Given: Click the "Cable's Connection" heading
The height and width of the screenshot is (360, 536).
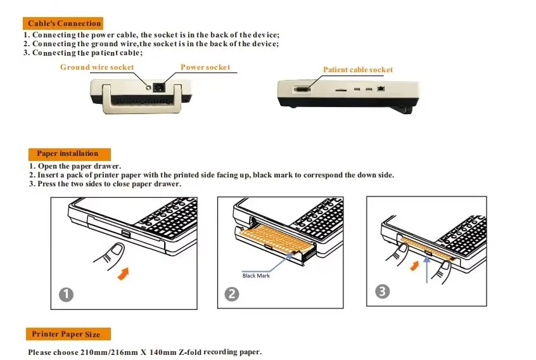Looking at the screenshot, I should click(x=65, y=23).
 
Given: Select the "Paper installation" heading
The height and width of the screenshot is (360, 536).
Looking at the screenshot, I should click(x=68, y=153).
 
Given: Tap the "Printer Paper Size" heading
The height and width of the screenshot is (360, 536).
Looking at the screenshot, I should click(x=70, y=334).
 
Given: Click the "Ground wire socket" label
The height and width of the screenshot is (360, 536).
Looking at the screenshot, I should click(x=97, y=67).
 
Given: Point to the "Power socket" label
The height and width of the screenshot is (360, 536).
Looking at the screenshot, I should click(x=205, y=67).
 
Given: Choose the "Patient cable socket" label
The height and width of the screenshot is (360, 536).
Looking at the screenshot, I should click(x=358, y=70).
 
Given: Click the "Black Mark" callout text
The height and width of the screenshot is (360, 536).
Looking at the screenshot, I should click(x=256, y=276).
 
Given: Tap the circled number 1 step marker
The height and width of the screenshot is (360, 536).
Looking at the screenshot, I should click(x=67, y=294).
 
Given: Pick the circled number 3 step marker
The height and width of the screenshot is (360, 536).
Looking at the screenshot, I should click(x=382, y=292).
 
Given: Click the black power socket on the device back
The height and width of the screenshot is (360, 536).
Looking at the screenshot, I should click(x=162, y=87).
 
